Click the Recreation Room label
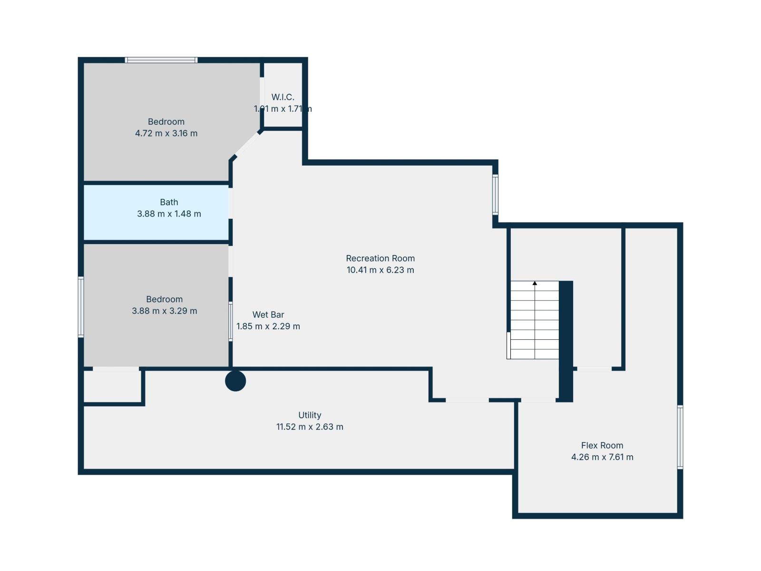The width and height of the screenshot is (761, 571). click(380, 258)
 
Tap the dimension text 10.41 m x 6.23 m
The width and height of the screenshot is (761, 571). click(380, 270)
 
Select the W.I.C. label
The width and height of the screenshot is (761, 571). click(283, 97)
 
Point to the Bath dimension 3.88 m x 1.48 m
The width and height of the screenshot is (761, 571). click(169, 214)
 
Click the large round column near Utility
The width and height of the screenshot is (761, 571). click(235, 381)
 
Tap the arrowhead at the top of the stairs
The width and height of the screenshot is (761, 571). click(535, 283)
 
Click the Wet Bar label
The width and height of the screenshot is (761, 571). click(268, 315)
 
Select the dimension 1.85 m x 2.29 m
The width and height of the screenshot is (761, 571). click(268, 326)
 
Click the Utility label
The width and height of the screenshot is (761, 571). click(310, 415)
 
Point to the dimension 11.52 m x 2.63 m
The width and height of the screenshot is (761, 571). click(310, 427)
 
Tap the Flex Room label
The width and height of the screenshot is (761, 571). click(602, 445)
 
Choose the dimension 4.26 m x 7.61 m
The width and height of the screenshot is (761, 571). click(602, 457)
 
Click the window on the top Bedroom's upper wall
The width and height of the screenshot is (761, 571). click(161, 60)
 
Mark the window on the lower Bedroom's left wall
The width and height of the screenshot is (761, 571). click(81, 307)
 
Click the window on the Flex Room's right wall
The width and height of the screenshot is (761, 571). click(680, 437)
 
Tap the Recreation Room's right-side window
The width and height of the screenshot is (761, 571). click(495, 195)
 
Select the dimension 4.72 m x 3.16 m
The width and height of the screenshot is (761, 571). click(166, 134)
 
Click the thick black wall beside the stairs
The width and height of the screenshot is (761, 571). click(566, 340)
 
